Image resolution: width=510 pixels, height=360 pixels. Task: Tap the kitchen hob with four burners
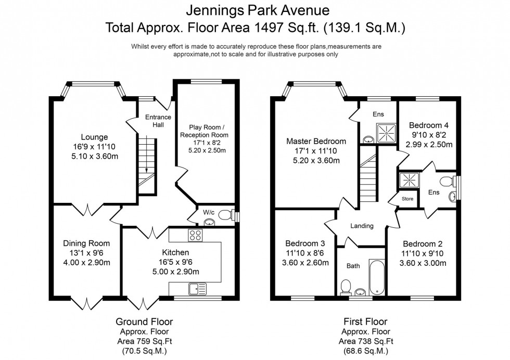tap(196, 235)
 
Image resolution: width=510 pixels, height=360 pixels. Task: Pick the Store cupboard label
tap(407, 199)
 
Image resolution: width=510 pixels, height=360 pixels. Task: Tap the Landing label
tap(362, 226)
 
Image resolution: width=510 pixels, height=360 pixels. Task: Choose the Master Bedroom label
tap(316, 141)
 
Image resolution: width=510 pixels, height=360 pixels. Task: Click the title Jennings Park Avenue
tap(254, 10)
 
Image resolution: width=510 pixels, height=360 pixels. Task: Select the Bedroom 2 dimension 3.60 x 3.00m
tap(423, 263)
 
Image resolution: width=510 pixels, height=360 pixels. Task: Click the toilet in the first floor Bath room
tap(346, 286)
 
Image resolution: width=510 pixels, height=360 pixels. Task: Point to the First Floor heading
tap(364, 322)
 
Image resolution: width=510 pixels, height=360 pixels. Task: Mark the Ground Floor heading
tap(144, 322)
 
